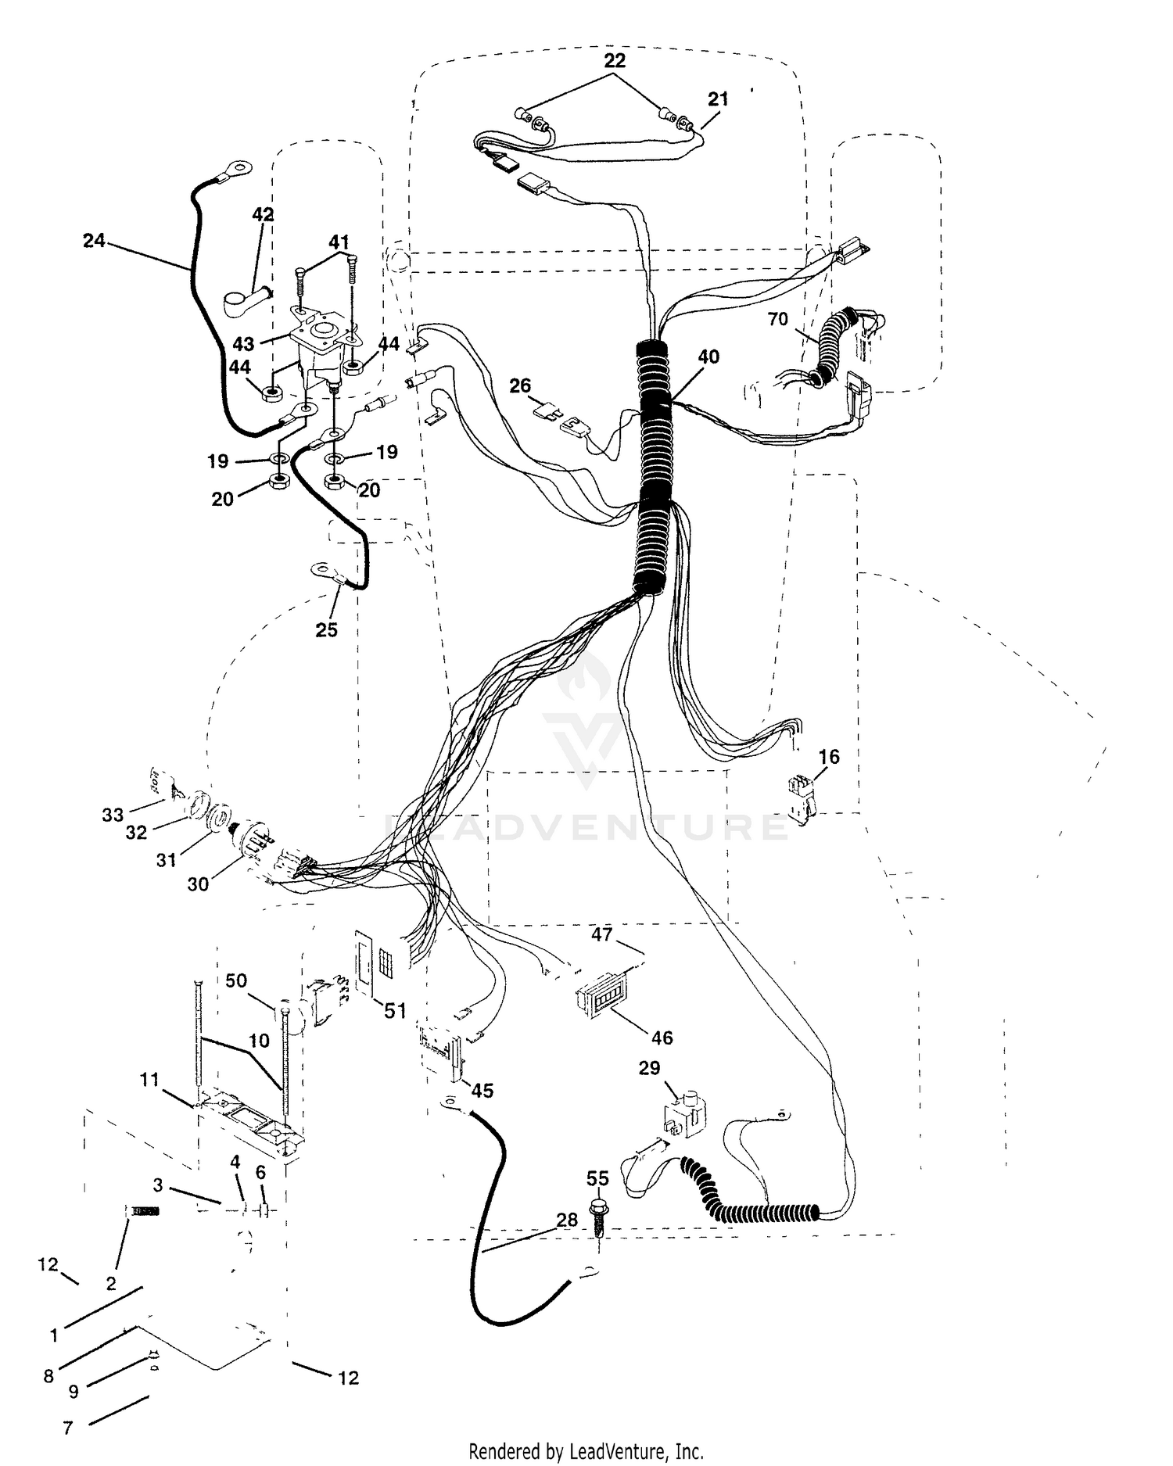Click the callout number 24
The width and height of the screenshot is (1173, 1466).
click(94, 241)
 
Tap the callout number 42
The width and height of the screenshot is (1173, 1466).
click(263, 214)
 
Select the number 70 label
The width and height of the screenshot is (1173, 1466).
click(777, 319)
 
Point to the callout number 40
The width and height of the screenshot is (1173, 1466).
click(708, 357)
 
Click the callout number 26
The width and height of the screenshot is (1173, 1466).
click(520, 385)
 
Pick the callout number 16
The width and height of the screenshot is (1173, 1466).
click(829, 756)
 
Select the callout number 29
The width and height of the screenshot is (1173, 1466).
click(650, 1068)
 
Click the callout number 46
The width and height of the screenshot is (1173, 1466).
click(662, 1038)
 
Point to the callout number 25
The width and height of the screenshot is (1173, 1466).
click(326, 630)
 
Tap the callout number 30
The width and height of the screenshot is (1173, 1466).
click(198, 884)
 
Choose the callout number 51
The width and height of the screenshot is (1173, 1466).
click(396, 1011)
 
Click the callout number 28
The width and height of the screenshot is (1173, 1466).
click(567, 1220)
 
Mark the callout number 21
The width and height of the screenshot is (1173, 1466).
click(718, 99)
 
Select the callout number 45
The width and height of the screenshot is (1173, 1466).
click(482, 1090)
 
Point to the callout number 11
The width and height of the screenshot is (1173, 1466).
click(149, 1080)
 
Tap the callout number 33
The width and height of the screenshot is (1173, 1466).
click(113, 815)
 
